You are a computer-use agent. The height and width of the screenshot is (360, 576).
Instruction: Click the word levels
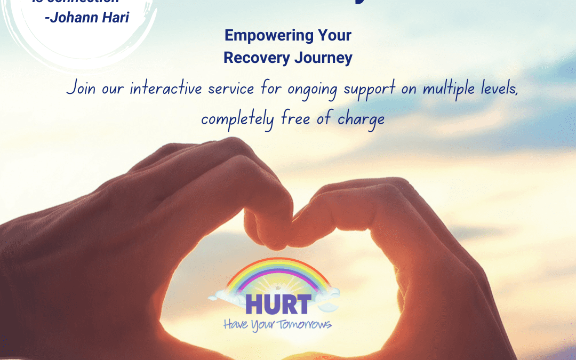point(502,88)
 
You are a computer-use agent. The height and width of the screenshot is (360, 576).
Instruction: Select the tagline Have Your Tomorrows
point(277,323)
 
